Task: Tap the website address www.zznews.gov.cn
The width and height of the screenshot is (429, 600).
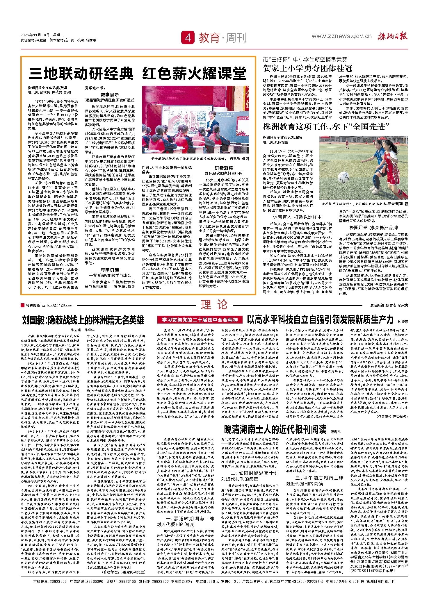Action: (x=341, y=36)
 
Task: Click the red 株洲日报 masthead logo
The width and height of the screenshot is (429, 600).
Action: (x=393, y=36)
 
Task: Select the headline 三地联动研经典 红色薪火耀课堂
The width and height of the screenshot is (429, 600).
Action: (x=138, y=73)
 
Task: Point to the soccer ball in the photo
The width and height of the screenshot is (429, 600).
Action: (x=345, y=176)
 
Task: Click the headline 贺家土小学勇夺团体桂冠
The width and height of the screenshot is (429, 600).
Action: (x=308, y=69)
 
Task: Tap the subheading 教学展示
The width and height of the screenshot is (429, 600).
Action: (x=110, y=94)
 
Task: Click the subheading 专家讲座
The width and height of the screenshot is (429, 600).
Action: (x=110, y=269)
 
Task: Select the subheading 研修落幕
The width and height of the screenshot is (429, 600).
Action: (x=224, y=168)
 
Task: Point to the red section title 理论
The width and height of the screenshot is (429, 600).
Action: (x=214, y=305)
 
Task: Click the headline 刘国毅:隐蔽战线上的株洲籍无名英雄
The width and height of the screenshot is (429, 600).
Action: (x=83, y=320)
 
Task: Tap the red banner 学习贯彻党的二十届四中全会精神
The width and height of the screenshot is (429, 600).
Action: (x=200, y=320)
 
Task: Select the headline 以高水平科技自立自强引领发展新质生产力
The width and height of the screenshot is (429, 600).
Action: (x=320, y=319)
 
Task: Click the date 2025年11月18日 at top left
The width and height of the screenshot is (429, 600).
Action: (x=35, y=35)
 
